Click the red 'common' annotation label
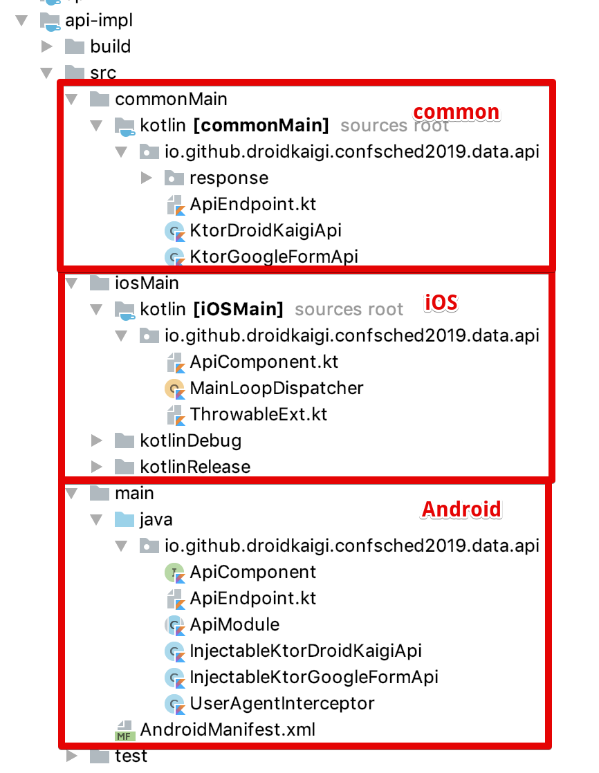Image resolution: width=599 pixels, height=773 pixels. [457, 112]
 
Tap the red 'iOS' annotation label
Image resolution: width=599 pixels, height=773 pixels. [442, 303]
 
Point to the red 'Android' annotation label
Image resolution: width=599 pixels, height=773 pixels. [461, 510]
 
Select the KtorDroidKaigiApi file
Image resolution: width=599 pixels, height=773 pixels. [266, 230]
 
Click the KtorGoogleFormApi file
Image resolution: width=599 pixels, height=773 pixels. [274, 257]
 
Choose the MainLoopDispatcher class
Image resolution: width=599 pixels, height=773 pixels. [277, 388]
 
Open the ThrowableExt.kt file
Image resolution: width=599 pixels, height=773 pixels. [259, 414]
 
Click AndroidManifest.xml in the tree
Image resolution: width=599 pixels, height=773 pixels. [228, 729]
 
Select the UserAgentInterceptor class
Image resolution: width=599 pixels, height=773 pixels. [282, 703]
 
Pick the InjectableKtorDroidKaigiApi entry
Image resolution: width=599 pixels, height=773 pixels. [306, 651]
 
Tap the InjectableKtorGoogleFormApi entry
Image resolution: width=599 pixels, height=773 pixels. [314, 677]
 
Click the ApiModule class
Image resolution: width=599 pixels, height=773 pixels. [234, 624]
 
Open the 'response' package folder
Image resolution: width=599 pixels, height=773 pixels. [229, 178]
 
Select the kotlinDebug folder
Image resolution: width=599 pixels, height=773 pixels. [190, 440]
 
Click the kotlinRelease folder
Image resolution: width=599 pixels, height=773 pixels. [195, 467]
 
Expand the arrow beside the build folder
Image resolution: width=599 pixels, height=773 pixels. [47, 46]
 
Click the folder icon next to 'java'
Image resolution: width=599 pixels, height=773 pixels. [124, 519]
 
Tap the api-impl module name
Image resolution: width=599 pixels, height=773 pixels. [99, 20]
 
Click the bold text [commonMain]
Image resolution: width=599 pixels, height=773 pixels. [261, 125]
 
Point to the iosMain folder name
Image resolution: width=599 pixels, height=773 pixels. [147, 283]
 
